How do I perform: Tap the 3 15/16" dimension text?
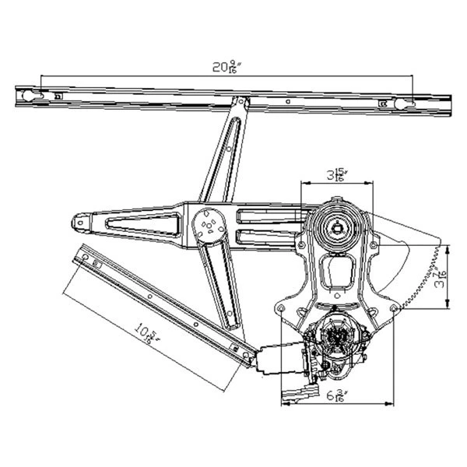(x=338, y=174)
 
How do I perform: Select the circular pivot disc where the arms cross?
(x=209, y=226)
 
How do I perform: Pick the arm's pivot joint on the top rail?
(x=243, y=101)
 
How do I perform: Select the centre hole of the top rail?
(x=290, y=100)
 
